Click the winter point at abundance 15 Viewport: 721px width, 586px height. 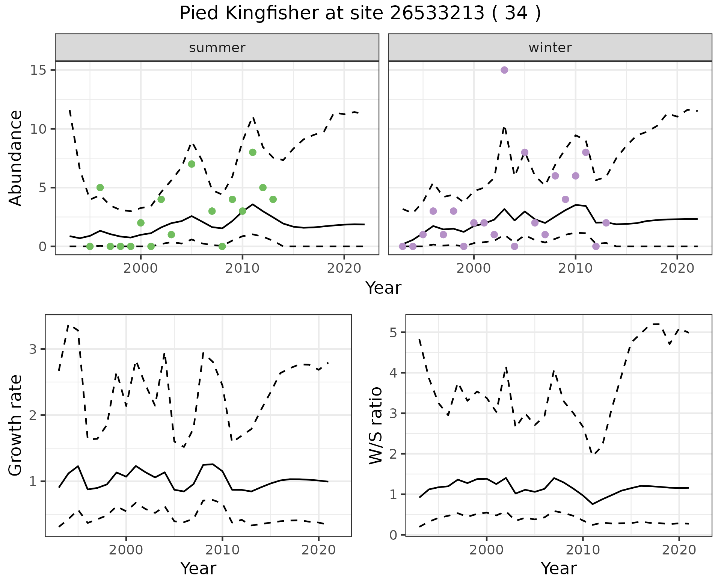pos(504,70)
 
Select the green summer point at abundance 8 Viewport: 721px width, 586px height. pos(253,152)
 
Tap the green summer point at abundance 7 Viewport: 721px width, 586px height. pos(192,164)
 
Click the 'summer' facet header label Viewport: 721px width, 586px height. pos(217,48)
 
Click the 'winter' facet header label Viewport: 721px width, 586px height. pos(550,48)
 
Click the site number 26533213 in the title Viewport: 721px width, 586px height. pos(437,14)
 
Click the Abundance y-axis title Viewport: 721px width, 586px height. pos(16,158)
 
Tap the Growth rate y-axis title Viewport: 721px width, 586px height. pos(16,425)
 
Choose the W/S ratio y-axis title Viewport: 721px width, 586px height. pos(376,425)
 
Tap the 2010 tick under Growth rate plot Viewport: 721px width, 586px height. pos(222,550)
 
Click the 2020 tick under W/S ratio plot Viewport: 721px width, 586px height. pos(679,550)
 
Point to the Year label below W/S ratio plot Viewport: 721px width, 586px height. pos(559,569)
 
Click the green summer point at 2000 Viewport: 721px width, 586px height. pos(141,223)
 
